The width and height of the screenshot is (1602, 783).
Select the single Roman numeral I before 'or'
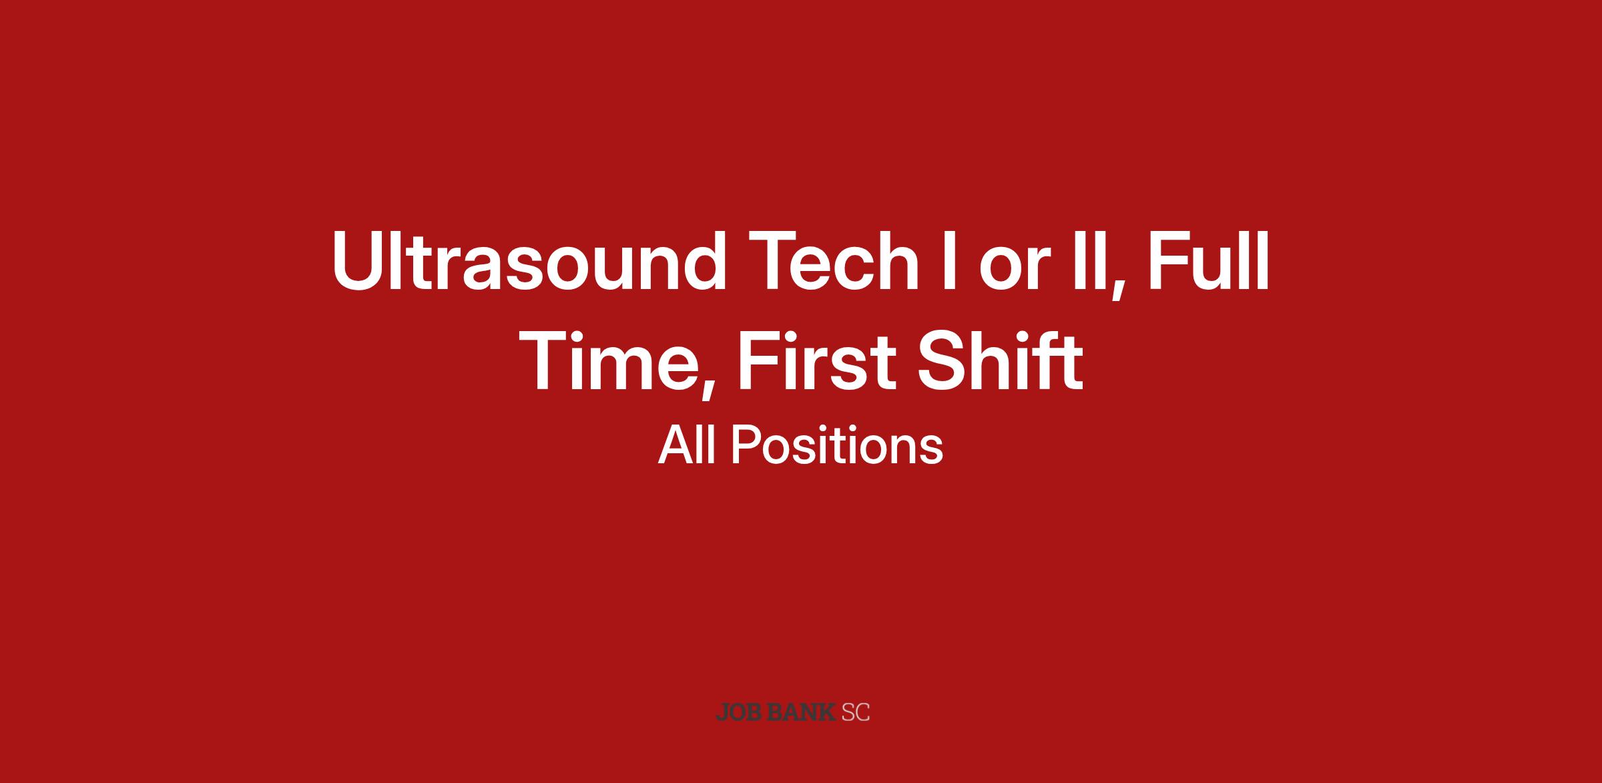(949, 261)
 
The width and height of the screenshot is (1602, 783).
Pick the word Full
(1207, 261)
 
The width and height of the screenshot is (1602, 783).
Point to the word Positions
(837, 445)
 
